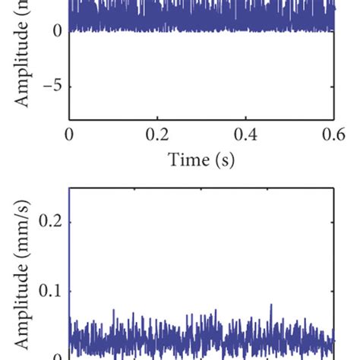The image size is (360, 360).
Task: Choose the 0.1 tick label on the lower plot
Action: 50,291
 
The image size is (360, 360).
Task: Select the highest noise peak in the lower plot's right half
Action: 271,305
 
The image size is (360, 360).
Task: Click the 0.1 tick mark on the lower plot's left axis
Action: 71,291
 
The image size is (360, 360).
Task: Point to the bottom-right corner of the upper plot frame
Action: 334,119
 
